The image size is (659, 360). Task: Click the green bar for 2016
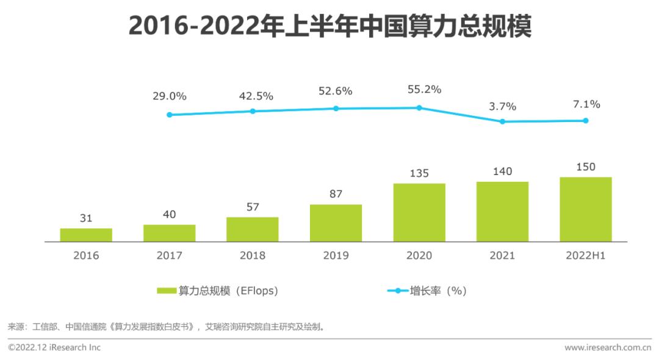[x=86, y=235]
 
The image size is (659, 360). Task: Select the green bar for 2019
[x=336, y=223]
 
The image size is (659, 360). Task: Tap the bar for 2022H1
[x=585, y=209]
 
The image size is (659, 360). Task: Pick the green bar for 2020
[x=419, y=212]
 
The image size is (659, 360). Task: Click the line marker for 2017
[x=170, y=115]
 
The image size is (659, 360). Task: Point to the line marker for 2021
[x=502, y=121]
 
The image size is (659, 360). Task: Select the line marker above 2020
[x=419, y=108]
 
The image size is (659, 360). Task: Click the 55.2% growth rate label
[x=424, y=89]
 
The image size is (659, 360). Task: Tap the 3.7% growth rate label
[x=502, y=106]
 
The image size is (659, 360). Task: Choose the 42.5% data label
[x=256, y=96]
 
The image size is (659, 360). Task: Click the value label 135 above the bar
[x=419, y=173]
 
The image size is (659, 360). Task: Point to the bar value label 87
[x=336, y=194]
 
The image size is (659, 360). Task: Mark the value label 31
[x=86, y=218]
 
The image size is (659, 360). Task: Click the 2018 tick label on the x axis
[x=253, y=256]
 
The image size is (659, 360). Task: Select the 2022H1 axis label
[x=585, y=256]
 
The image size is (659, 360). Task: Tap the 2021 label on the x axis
[x=502, y=256]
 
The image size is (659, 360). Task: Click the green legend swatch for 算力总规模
[x=166, y=291]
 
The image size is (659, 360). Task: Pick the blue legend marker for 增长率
[x=397, y=291]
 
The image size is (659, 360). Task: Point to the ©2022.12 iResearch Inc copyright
[x=54, y=348]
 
